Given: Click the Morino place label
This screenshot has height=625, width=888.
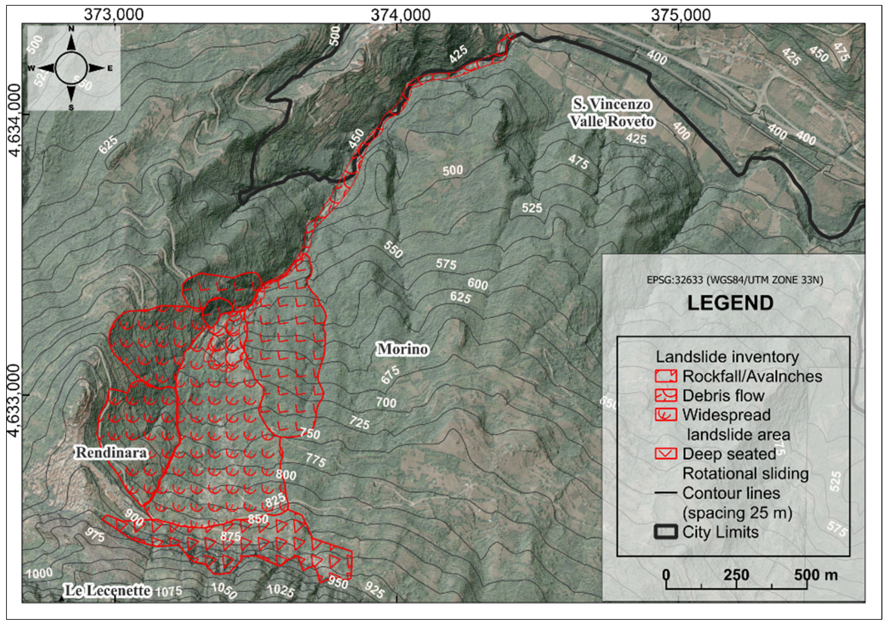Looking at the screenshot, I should click(402, 349).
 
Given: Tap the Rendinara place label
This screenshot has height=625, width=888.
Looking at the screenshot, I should click(111, 453).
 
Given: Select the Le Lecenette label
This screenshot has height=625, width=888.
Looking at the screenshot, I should click(107, 591).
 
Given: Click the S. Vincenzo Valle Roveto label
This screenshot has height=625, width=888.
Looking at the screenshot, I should click(612, 113).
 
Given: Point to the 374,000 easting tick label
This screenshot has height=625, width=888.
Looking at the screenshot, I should click(400, 15).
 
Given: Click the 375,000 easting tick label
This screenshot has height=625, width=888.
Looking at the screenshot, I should click(681, 15).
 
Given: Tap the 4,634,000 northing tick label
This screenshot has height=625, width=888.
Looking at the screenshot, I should click(15, 120).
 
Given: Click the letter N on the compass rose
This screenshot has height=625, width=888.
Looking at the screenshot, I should click(71, 29).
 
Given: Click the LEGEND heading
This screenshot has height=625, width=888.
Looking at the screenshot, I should click(730, 303).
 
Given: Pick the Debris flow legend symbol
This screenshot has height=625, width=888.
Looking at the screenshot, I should click(666, 395).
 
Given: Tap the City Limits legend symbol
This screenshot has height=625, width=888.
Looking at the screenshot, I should click(666, 532).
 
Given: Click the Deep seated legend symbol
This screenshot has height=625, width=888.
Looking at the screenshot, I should click(666, 454).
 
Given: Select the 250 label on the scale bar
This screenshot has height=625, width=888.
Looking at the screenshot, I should click(736, 575).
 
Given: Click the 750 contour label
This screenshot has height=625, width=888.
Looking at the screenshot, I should click(310, 434).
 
